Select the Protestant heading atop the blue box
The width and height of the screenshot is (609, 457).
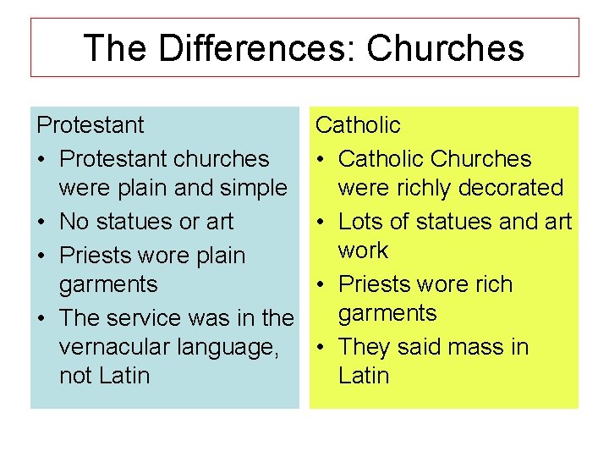tap(91, 125)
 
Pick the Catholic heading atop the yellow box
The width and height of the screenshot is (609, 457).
tap(358, 125)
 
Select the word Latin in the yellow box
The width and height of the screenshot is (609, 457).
tap(364, 376)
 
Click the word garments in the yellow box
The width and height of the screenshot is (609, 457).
tap(387, 314)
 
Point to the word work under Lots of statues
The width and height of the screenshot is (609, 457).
tap(363, 251)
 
